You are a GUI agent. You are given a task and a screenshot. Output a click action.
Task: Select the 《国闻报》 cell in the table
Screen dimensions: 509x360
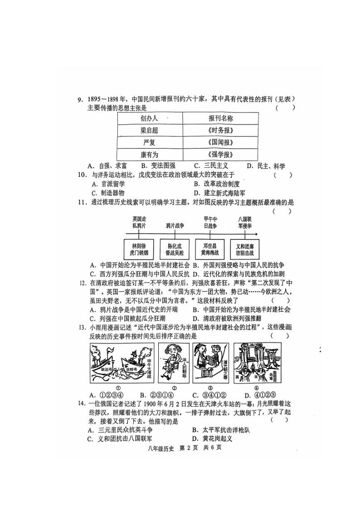pos(221,142)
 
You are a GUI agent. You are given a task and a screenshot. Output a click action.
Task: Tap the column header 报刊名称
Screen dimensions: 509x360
pos(221,118)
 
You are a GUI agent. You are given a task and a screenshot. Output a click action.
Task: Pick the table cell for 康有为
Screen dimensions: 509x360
pos(150,155)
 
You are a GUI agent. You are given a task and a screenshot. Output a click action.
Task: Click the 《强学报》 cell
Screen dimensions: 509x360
pos(221,155)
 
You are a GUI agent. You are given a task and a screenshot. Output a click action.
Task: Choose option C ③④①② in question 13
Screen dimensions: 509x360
pos(209,394)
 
